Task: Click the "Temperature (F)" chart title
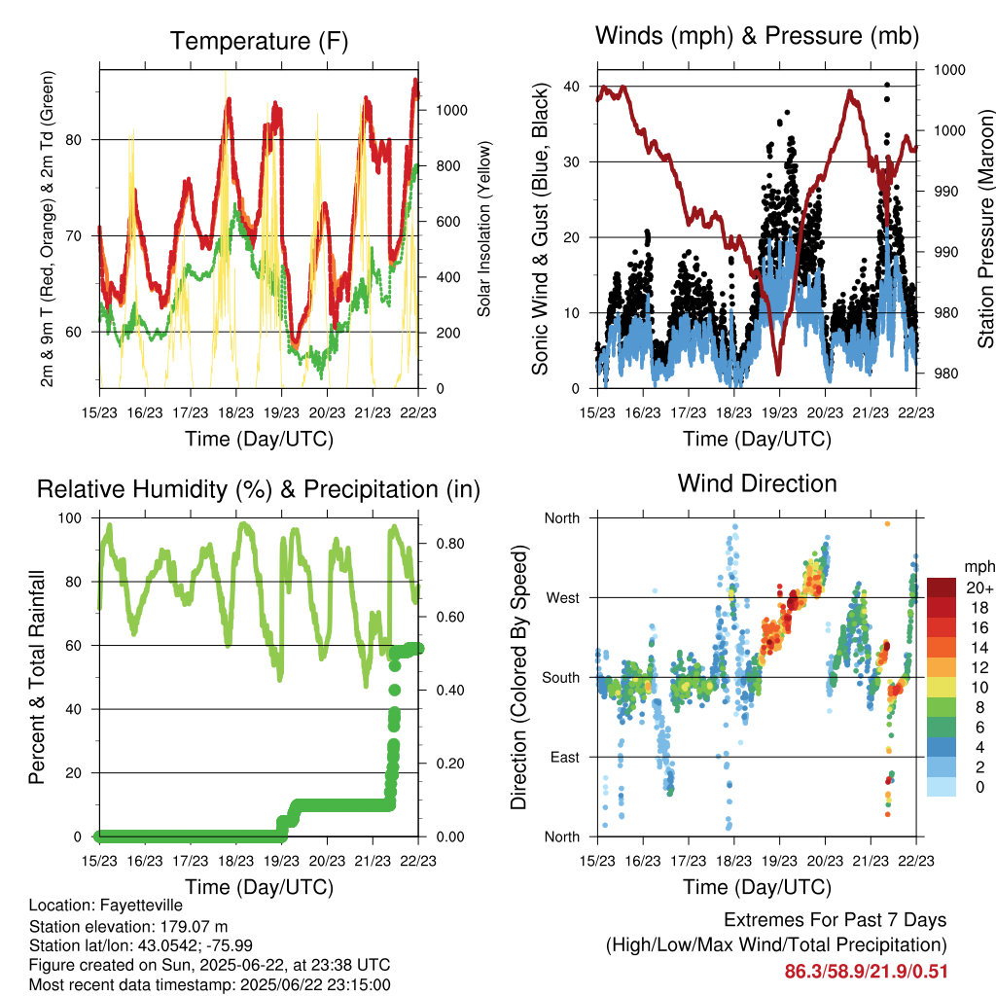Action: coord(259,41)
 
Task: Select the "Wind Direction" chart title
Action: coord(757,483)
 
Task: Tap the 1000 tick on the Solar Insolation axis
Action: coord(451,111)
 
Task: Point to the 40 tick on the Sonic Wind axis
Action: coord(571,87)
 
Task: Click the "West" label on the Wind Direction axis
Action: coord(563,598)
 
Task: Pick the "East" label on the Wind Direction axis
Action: coord(565,757)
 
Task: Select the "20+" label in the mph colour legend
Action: coord(978,587)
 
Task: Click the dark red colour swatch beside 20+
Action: coord(942,587)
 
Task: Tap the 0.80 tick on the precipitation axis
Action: coord(450,544)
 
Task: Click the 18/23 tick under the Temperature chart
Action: coord(235,412)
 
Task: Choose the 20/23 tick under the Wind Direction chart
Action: coord(825,861)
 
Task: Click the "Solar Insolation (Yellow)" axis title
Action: coord(484,230)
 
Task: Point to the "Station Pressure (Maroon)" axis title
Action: coord(985,229)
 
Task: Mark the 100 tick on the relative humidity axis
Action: coord(70,518)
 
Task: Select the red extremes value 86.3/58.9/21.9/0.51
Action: coord(867,972)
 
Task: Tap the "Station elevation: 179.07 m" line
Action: coord(128,926)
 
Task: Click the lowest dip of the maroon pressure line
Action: coord(778,373)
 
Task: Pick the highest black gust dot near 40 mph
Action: coord(887,85)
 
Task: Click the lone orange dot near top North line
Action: coord(887,524)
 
